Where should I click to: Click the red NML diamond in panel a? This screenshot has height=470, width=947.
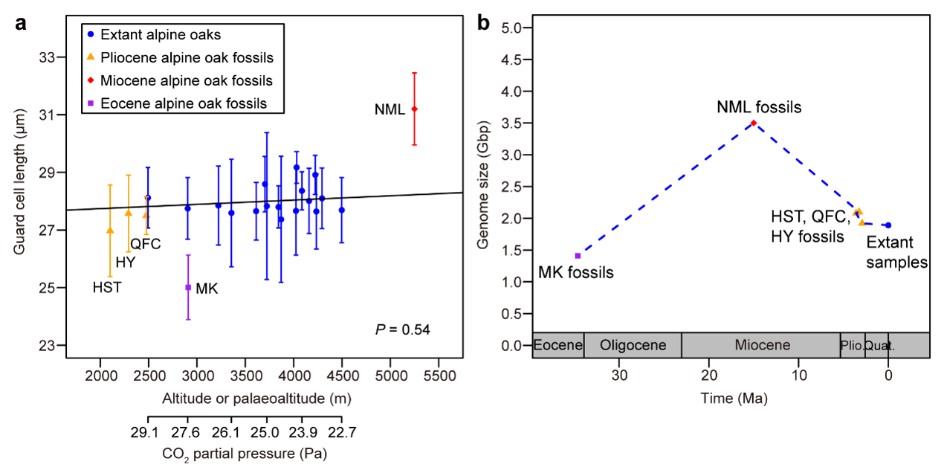pos(415,109)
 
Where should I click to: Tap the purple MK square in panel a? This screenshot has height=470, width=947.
pos(188,287)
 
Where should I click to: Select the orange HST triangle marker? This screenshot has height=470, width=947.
pos(110,231)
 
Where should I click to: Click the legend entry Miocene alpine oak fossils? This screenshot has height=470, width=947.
pos(186,80)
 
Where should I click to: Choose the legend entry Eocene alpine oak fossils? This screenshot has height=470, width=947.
pos(183,103)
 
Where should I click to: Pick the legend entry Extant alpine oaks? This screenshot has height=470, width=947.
pos(160,34)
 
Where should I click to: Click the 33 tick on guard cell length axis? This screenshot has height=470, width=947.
pos(51,57)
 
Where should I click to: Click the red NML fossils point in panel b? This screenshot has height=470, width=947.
pos(754,123)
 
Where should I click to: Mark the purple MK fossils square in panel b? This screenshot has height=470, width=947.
pos(578,256)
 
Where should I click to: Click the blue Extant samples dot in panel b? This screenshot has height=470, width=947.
pos(888,225)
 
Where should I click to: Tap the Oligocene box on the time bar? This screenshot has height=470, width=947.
pos(633,345)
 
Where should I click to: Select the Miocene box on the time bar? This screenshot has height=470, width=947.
pos(762,345)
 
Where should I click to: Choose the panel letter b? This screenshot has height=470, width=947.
pos(483,24)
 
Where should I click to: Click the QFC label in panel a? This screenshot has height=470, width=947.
pos(146,244)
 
